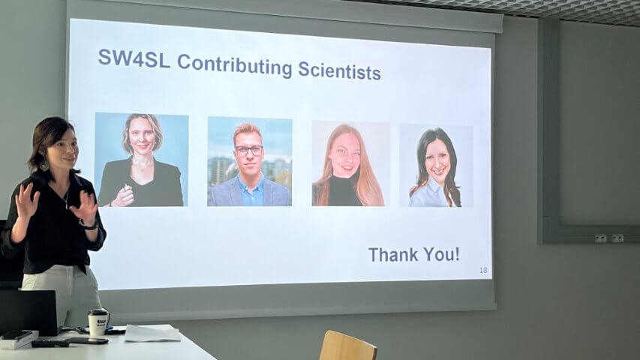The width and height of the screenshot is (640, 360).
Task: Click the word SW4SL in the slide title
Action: pyautogui.click(x=134, y=58)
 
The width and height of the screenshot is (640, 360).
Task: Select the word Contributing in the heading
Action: pyautogui.click(x=235, y=65)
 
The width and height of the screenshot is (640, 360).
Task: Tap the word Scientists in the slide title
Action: pyautogui.click(x=340, y=70)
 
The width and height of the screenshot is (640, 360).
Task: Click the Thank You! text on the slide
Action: pyautogui.click(x=414, y=254)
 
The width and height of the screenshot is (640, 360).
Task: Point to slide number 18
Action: pyautogui.click(x=483, y=270)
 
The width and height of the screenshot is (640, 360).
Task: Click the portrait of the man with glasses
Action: pyautogui.click(x=250, y=162)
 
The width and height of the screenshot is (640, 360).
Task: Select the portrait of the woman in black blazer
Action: pyautogui.click(x=141, y=160)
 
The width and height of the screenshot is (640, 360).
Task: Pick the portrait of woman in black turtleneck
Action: pyautogui.click(x=350, y=163)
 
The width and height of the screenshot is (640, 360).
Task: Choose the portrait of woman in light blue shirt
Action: pyautogui.click(x=436, y=166)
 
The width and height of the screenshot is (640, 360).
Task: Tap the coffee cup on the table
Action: pyautogui.click(x=98, y=322)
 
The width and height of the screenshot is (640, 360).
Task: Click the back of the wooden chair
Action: pyautogui.click(x=347, y=346)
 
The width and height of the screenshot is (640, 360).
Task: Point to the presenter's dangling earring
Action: pyautogui.click(x=44, y=164)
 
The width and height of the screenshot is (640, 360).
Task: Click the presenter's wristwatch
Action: pyautogui.click(x=89, y=224)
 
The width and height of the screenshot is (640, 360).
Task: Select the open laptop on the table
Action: pyautogui.click(x=29, y=312)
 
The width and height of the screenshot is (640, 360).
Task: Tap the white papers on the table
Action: pyautogui.click(x=152, y=333)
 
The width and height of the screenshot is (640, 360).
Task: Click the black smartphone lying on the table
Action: pyautogui.click(x=88, y=340)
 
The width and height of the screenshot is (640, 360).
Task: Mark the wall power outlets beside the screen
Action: pyautogui.click(x=609, y=238)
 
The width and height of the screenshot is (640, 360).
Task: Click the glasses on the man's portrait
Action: pyautogui.click(x=248, y=150)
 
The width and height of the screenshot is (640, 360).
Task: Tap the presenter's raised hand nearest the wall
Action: pyautogui.click(x=26, y=201)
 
